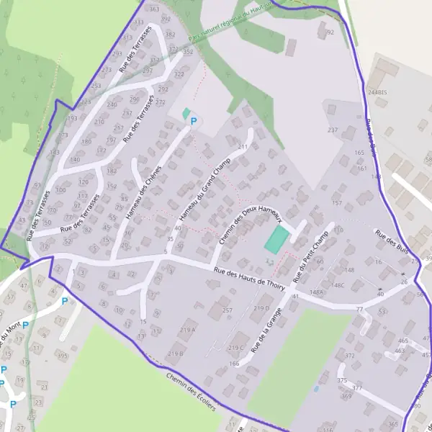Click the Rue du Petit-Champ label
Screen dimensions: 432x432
310,255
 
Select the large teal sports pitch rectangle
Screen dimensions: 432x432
274,240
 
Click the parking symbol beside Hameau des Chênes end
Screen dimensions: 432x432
193,122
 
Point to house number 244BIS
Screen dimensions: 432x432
377,93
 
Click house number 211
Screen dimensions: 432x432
243,147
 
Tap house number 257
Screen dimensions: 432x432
228,310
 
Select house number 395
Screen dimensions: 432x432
63,356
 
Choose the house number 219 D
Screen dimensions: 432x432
261,308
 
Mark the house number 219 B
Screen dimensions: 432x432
176,354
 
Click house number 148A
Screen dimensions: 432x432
316,292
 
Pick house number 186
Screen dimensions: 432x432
234,364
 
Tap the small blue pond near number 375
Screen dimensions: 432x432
315,389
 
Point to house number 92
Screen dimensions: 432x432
330,33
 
